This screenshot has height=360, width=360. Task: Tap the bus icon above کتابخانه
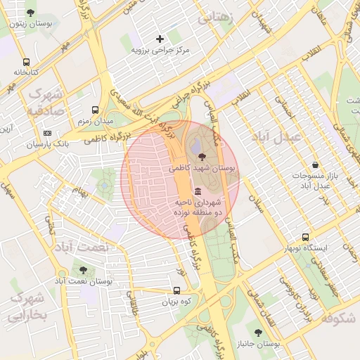pyautogui.click(x=26, y=62)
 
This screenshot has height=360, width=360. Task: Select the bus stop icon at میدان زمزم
pyautogui.click(x=95, y=110)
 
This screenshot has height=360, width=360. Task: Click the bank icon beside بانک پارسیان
pyautogui.click(x=47, y=133)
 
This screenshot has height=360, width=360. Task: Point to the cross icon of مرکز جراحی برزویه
pyautogui.click(x=160, y=39)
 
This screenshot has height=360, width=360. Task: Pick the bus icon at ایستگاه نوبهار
pyautogui.click(x=304, y=238)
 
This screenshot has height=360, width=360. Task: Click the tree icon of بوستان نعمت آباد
pyautogui.click(x=84, y=269)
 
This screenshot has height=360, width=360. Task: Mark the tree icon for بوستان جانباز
pyautogui.click(x=258, y=333)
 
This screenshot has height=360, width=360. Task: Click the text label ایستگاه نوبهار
pyautogui.click(x=305, y=249)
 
